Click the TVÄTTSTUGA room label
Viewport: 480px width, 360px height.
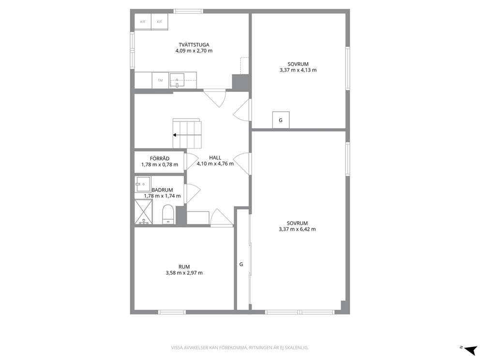tap(194, 45)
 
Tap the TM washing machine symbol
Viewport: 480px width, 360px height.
tap(160, 80)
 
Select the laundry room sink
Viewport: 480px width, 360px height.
tap(177, 80)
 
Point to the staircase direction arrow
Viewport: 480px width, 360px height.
tap(187, 135)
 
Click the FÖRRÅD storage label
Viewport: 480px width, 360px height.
tap(160, 159)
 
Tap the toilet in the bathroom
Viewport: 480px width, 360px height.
tap(168, 214)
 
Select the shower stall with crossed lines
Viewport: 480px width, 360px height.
tap(144, 211)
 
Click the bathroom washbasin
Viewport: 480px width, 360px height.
tap(143, 184)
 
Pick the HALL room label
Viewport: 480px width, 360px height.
tap(215, 158)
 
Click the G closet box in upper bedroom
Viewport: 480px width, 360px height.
tap(281, 120)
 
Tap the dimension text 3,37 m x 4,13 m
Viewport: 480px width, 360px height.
tap(298, 70)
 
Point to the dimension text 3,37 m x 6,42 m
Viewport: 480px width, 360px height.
tap(297, 229)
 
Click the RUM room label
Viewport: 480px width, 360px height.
tap(184, 267)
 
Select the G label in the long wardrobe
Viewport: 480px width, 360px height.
tap(241, 264)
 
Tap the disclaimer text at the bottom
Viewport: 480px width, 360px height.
tap(240, 348)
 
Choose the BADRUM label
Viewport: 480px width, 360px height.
tap(162, 190)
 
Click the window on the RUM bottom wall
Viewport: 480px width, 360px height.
tap(172, 312)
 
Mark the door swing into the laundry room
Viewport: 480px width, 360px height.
tap(214, 98)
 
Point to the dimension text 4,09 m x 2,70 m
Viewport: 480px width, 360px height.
tap(194, 51)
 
